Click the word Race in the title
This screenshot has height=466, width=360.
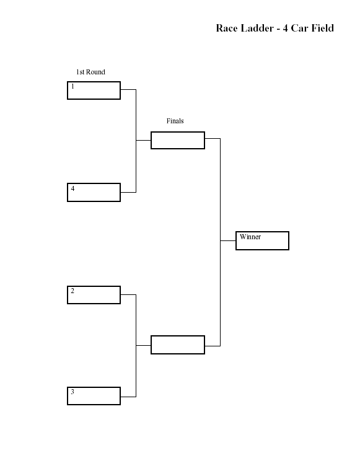point(227,28)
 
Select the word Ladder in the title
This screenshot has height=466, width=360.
point(257,28)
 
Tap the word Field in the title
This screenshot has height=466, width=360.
point(323,28)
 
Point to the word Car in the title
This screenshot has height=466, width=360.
point(299,28)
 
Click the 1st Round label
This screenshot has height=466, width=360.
point(90,72)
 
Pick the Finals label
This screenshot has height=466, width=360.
point(175,121)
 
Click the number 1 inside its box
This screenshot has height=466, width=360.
point(72,86)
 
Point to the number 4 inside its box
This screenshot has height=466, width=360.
point(72,188)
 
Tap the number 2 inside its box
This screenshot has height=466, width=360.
point(72,291)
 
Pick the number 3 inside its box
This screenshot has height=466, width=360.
point(72,392)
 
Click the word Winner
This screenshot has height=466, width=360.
point(250,237)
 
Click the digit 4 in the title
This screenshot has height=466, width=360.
point(285,28)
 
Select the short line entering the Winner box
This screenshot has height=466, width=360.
point(228,240)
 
